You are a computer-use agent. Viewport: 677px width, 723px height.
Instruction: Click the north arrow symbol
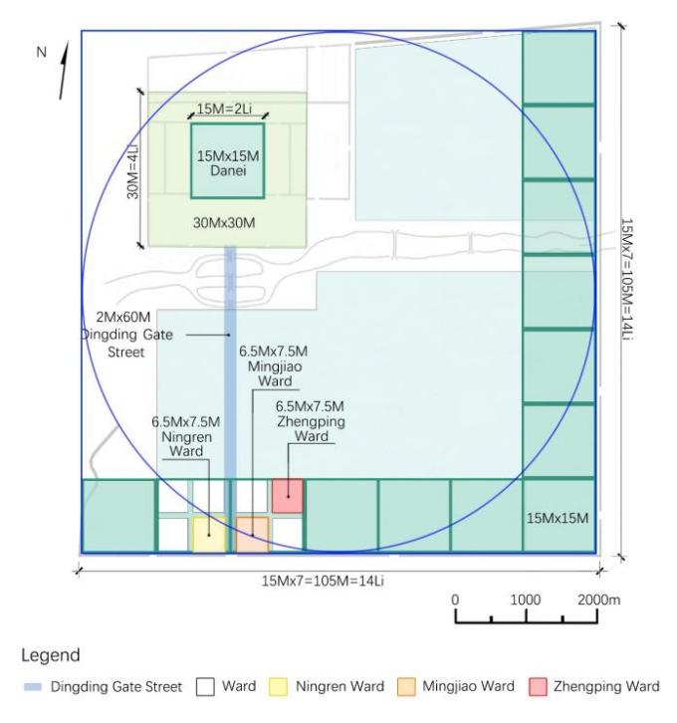click(64, 71)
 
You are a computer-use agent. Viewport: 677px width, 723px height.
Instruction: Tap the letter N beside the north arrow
click(42, 52)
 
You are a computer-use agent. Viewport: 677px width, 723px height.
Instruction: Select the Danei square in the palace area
click(228, 160)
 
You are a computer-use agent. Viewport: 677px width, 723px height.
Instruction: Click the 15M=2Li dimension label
click(224, 109)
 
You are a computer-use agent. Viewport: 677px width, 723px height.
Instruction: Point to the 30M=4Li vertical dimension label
click(132, 172)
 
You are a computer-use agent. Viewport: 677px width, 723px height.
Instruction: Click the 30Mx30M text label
click(224, 223)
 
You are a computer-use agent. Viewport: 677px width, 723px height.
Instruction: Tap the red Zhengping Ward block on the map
click(287, 496)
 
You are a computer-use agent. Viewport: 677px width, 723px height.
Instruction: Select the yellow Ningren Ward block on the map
click(209, 534)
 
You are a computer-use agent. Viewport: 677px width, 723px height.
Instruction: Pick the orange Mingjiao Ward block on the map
click(252, 534)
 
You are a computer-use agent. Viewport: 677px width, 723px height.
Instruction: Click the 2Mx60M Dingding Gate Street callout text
click(126, 335)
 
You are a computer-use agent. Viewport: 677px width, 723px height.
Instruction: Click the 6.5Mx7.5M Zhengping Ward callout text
click(311, 421)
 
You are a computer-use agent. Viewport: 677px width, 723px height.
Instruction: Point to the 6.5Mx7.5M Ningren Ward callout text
click(186, 436)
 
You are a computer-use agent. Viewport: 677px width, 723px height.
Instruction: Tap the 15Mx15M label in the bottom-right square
click(558, 518)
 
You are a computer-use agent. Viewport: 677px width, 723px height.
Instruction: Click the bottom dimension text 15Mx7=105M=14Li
click(323, 581)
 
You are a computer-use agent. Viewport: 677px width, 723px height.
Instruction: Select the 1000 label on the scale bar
click(526, 600)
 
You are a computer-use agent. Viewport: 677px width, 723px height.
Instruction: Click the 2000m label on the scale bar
click(598, 600)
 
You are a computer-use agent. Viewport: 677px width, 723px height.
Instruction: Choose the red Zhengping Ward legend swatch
click(538, 686)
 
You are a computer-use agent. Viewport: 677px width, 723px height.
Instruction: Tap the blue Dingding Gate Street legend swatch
click(33, 687)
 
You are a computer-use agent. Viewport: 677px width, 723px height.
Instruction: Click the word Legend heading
click(51, 655)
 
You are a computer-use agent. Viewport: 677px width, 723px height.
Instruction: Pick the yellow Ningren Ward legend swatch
click(278, 686)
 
